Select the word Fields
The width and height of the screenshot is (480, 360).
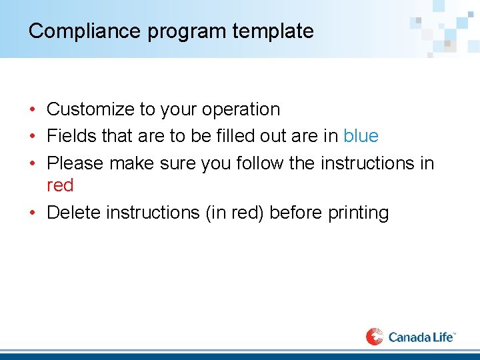(71, 136)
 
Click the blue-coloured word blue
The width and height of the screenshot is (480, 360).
(361, 136)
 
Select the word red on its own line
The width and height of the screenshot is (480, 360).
(60, 185)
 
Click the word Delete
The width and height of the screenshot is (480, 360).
(74, 213)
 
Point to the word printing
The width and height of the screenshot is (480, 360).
(358, 213)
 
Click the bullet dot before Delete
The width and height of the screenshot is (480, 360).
(32, 213)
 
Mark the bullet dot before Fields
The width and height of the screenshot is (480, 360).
(32, 137)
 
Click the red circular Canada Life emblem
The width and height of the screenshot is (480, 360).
(375, 337)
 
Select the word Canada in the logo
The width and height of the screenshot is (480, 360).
(409, 337)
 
